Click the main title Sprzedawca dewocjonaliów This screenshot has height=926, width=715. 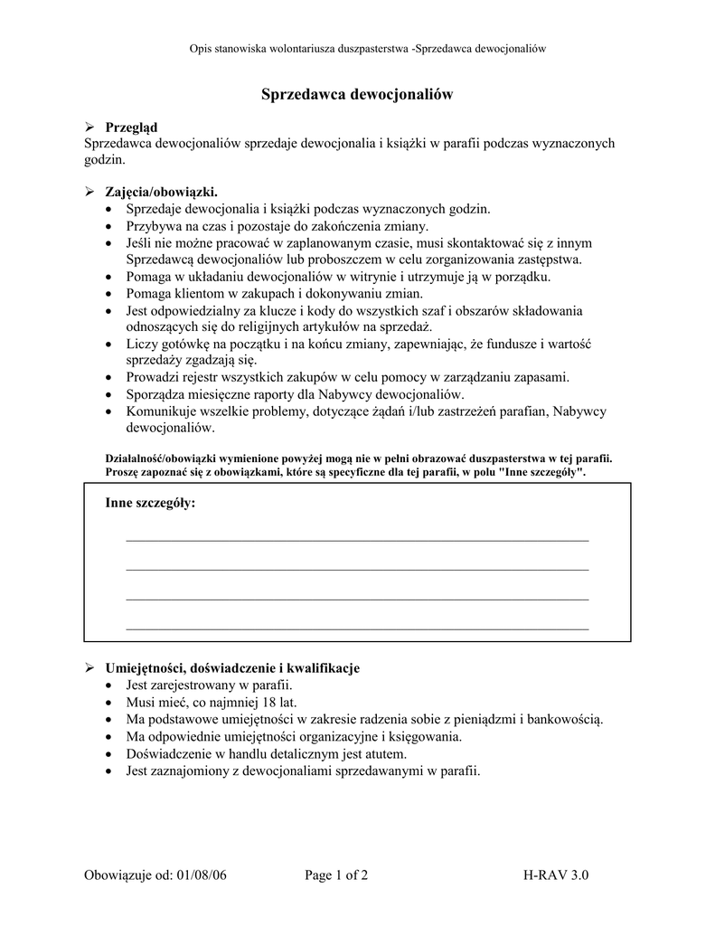[357, 94]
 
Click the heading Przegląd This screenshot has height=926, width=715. [131, 128]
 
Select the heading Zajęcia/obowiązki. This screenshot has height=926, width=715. [162, 192]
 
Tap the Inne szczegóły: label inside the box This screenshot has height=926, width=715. [150, 503]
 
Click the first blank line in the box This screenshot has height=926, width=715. [357, 539]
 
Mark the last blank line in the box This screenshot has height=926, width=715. [357, 627]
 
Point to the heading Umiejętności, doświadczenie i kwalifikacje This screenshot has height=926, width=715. [232, 668]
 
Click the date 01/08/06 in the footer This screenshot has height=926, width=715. [202, 875]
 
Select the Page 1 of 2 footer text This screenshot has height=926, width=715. [336, 875]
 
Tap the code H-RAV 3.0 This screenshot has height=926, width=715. [555, 875]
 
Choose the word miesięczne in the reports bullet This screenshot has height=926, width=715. [220, 394]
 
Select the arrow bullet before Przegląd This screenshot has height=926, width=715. [89, 128]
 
